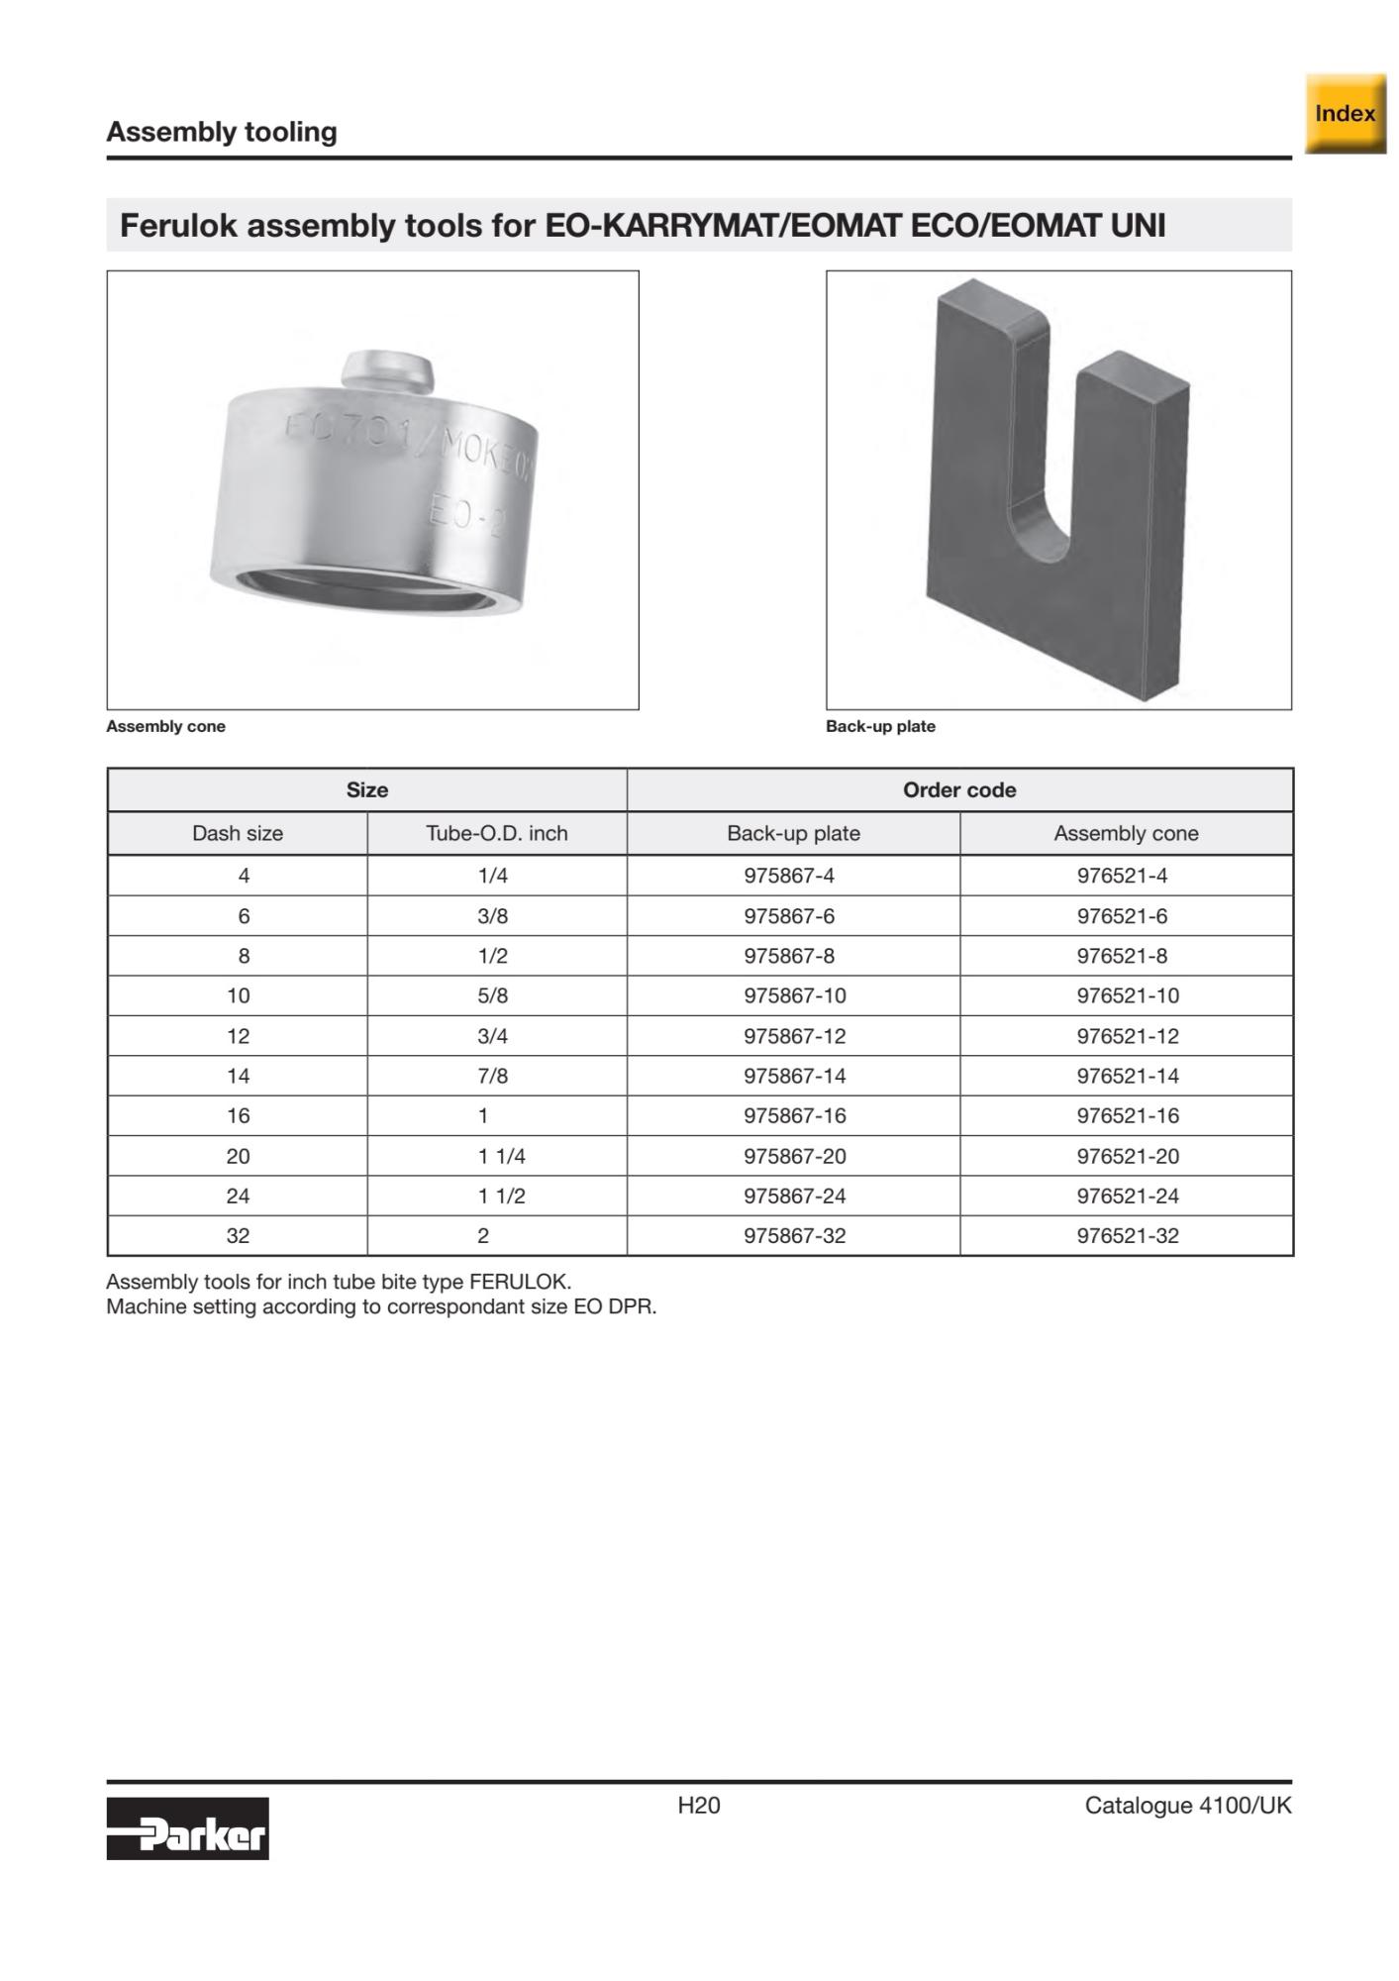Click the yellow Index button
pyautogui.click(x=1345, y=114)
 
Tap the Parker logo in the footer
pyautogui.click(x=187, y=1828)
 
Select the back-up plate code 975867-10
pyautogui.click(x=795, y=995)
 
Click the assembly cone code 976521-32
pyautogui.click(x=1128, y=1235)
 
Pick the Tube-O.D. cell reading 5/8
pyautogui.click(x=492, y=995)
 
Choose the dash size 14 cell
pyautogui.click(x=238, y=1076)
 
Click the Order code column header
pyautogui.click(x=959, y=789)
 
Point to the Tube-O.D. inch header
pyautogui.click(x=497, y=833)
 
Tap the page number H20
pyautogui.click(x=699, y=1806)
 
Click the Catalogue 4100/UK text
pyautogui.click(x=1188, y=1806)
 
